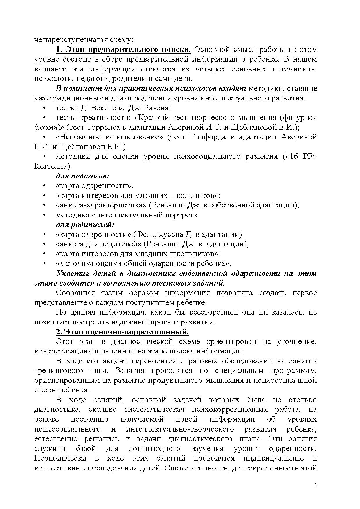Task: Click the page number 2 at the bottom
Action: click(x=315, y=483)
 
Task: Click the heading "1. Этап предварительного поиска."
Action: click(x=123, y=50)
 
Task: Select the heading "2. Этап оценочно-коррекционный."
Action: click(x=122, y=332)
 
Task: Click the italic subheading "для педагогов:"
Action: click(x=82, y=176)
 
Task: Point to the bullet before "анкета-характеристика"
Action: click(x=44, y=205)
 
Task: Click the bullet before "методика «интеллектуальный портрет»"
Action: click(x=44, y=215)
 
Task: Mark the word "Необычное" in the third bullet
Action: click(x=78, y=137)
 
